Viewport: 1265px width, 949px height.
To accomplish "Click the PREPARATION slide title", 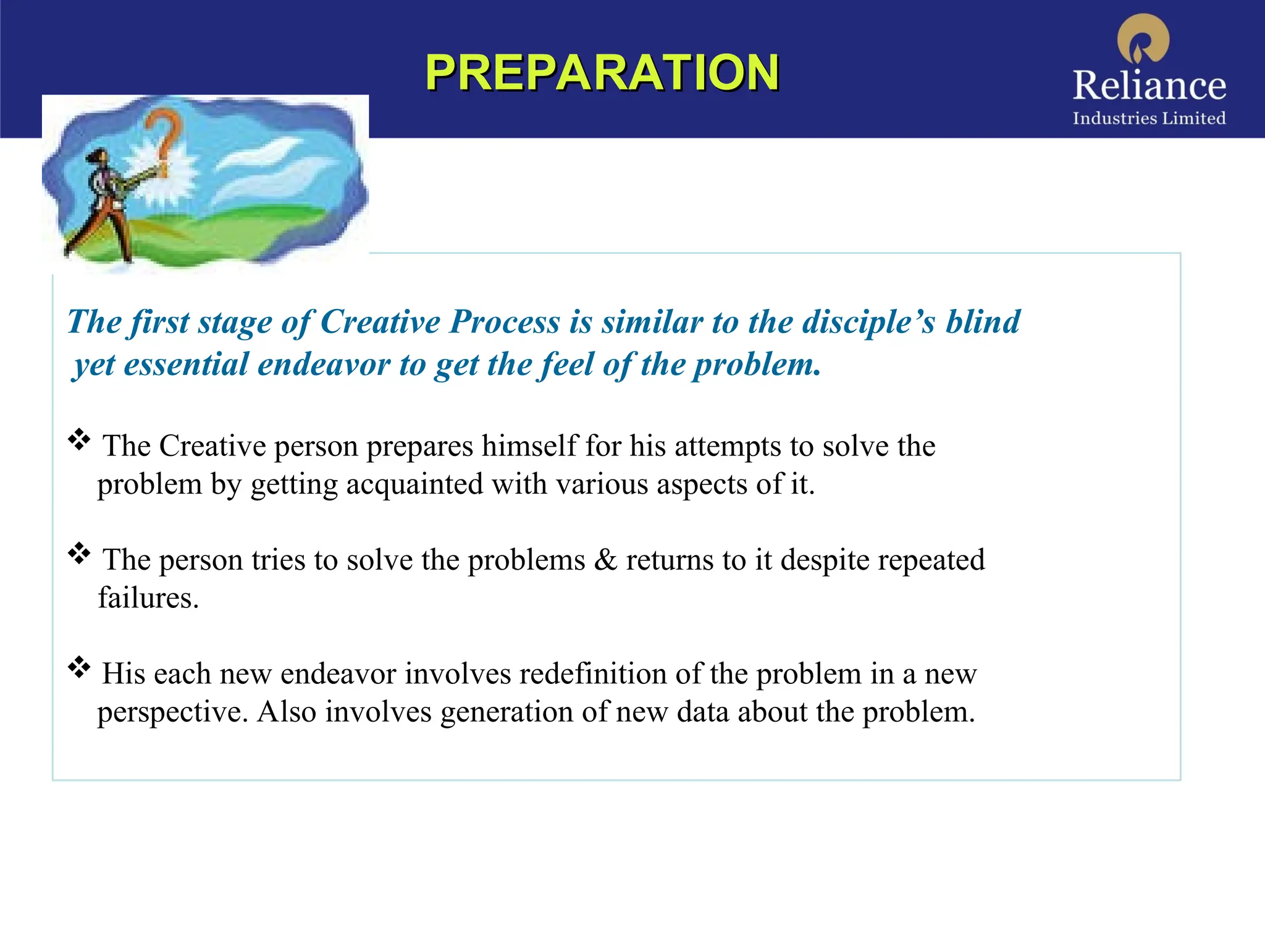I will coord(602,73).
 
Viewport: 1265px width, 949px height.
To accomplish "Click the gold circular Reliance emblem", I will coord(1143,38).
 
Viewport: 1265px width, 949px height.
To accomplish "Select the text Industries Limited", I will coord(1149,118).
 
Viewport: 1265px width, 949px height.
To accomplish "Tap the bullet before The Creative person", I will coord(79,440).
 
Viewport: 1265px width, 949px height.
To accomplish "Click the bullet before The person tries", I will coord(79,554).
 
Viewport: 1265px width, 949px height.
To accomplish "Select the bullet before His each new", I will coord(79,667).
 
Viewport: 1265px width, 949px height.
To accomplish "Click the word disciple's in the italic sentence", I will coord(868,322).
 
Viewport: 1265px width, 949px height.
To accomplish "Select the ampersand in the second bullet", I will coord(605,560).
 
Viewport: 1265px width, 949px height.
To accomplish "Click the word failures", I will coord(148,598).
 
